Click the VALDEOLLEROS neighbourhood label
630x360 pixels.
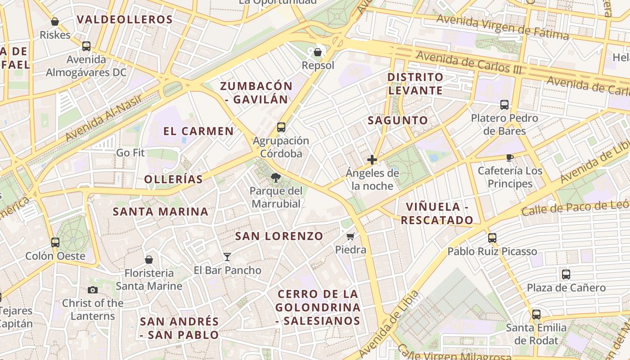pyautogui.click(x=125, y=20)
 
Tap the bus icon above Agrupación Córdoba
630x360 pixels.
pyautogui.click(x=281, y=127)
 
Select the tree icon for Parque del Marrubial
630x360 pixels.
pyautogui.click(x=276, y=178)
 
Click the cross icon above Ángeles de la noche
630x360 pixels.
pyautogui.click(x=372, y=160)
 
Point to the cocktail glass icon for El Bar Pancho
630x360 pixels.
pyautogui.click(x=227, y=257)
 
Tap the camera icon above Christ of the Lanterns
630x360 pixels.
pyautogui.click(x=93, y=290)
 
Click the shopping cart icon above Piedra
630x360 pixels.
pyautogui.click(x=351, y=236)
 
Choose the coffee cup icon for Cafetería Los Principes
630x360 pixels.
pyautogui.click(x=509, y=157)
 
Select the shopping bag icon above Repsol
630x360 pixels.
pyautogui.click(x=318, y=52)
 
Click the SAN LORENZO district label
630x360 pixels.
pyautogui.click(x=279, y=236)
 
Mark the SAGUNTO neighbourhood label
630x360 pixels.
pyautogui.click(x=398, y=121)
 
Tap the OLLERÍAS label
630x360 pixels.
pyautogui.click(x=174, y=179)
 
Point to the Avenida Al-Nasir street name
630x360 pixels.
pyautogui.click(x=103, y=118)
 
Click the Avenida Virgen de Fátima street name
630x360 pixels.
pyautogui.click(x=502, y=27)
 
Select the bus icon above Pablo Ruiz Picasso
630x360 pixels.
pyautogui.click(x=492, y=238)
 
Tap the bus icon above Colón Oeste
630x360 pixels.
pyautogui.click(x=55, y=243)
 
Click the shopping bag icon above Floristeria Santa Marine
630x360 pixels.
pyautogui.click(x=149, y=260)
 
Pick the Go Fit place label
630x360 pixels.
pyautogui.click(x=130, y=153)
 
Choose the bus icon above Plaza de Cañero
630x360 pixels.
pyautogui.click(x=566, y=274)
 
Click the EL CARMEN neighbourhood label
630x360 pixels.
pyautogui.click(x=198, y=131)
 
